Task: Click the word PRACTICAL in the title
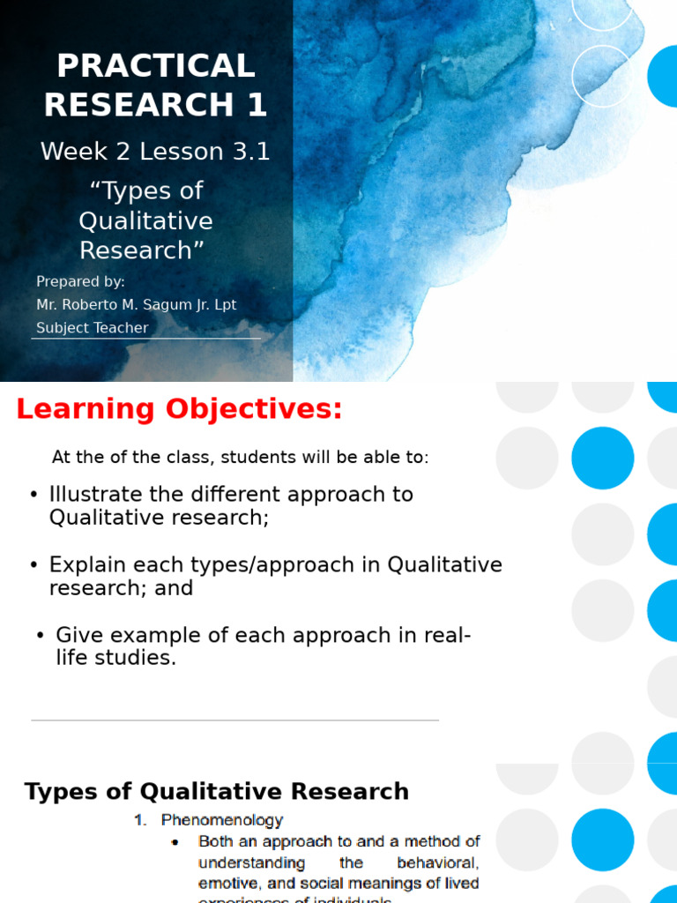(155, 66)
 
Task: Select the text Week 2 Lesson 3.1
(155, 152)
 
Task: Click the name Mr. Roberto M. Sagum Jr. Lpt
(136, 305)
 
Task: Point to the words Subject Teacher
(92, 328)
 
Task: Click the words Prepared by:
(80, 282)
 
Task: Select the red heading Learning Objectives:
(179, 410)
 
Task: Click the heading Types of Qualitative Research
(216, 791)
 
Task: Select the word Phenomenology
(222, 820)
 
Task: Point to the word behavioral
(437, 862)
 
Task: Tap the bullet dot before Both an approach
(175, 842)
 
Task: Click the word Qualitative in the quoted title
(146, 220)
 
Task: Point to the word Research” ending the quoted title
(142, 250)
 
